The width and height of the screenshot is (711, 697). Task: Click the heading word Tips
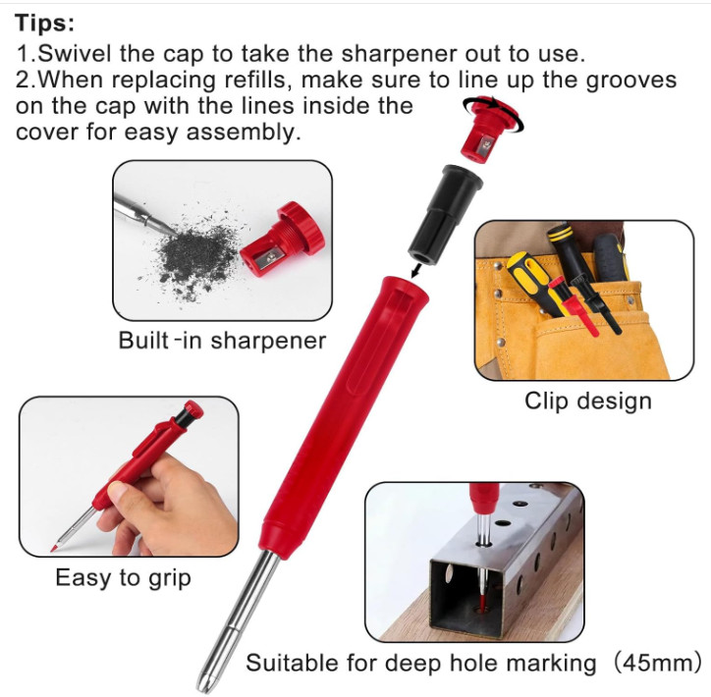coord(45,24)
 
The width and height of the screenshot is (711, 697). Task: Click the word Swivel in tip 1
coord(75,53)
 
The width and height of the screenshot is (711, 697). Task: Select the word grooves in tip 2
coord(631,80)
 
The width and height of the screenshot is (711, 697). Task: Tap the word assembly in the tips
coord(244,133)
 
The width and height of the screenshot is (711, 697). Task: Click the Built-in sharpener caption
coord(222,341)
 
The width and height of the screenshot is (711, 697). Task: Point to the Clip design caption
coord(588,402)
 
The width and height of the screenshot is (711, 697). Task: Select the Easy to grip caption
coord(124,578)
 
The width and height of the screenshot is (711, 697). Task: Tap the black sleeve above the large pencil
coord(445,214)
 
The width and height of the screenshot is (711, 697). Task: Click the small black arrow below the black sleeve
coord(415,272)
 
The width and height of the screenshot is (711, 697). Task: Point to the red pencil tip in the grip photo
coord(53,549)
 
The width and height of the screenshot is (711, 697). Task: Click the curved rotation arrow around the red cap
coord(494,113)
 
